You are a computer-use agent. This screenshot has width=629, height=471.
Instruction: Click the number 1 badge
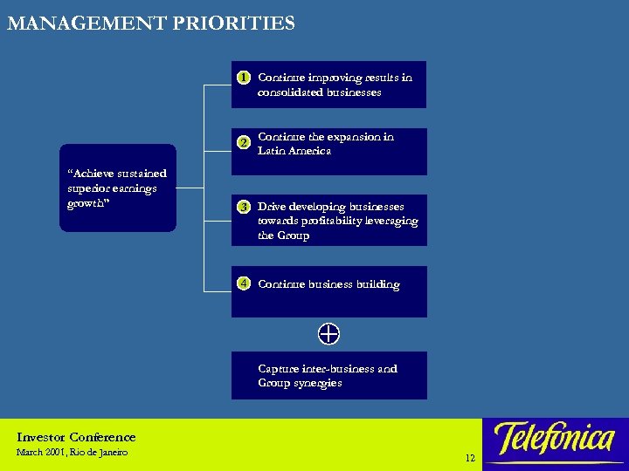click(245, 77)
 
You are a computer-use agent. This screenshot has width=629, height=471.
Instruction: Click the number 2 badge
click(245, 141)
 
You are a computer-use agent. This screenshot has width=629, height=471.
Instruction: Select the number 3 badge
click(245, 207)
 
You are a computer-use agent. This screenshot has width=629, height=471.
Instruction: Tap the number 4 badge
click(245, 283)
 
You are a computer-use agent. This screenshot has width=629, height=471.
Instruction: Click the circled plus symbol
click(328, 333)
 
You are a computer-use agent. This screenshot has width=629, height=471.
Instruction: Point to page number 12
click(470, 458)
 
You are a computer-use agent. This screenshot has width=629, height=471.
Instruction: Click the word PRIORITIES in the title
click(235, 24)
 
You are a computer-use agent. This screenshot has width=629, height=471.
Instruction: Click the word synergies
click(318, 383)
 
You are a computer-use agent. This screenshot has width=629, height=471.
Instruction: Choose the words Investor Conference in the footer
click(76, 437)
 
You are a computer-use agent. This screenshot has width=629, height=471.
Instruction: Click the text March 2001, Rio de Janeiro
click(72, 453)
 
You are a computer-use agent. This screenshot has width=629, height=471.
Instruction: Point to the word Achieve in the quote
click(91, 174)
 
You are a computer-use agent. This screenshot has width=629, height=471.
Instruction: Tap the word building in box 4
click(377, 284)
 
